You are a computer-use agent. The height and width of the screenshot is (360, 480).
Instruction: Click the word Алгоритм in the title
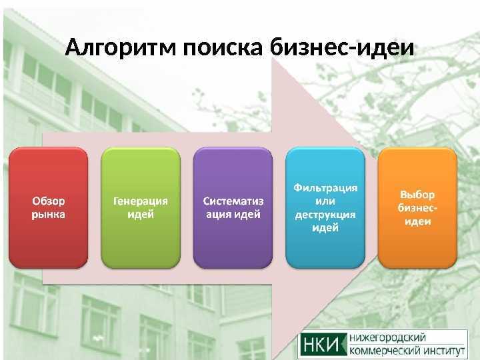pyautogui.click(x=121, y=48)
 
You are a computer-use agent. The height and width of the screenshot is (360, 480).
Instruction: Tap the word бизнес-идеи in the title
pyautogui.click(x=342, y=47)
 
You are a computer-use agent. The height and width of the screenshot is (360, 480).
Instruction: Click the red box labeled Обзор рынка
pyautogui.click(x=49, y=208)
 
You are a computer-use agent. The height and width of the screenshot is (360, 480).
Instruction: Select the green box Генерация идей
pyautogui.click(x=141, y=208)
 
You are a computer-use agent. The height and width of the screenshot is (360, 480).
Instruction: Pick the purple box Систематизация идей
pyautogui.click(x=233, y=208)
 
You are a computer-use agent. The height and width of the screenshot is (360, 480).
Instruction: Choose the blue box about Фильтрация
pyautogui.click(x=325, y=208)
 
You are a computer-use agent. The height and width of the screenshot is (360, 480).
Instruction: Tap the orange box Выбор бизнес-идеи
pyautogui.click(x=417, y=208)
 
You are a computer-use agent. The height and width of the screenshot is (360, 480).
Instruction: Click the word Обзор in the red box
pyautogui.click(x=49, y=201)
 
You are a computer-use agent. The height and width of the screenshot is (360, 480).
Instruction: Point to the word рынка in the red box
pyautogui.click(x=49, y=215)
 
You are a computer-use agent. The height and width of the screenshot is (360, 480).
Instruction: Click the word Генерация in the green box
pyautogui.click(x=141, y=201)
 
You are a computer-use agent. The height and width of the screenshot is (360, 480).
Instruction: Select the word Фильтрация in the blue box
pyautogui.click(x=325, y=187)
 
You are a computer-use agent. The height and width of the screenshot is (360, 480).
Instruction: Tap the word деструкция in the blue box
pyautogui.click(x=325, y=215)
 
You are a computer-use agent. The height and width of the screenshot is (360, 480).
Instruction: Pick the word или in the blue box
pyautogui.click(x=325, y=201)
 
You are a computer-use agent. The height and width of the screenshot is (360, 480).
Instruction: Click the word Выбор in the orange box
pyautogui.click(x=417, y=195)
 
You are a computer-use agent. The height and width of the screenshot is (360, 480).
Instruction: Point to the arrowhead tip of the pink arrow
pyautogui.click(x=377, y=159)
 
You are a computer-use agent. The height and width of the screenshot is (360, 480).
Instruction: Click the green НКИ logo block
pyautogui.click(x=323, y=345)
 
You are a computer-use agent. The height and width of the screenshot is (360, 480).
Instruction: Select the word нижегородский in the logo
pyautogui.click(x=387, y=338)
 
